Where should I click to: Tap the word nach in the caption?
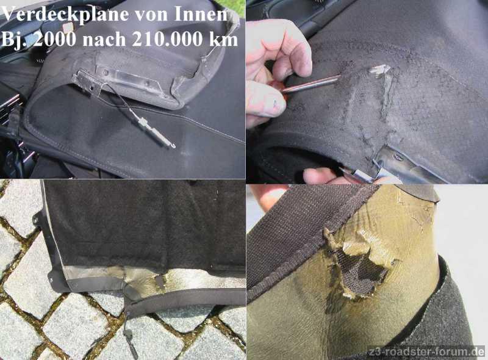[x=104, y=39]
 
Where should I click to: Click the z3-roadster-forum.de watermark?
[x=426, y=352]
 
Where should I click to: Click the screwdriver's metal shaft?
[x=311, y=83]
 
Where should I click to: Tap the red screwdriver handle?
[x=276, y=88]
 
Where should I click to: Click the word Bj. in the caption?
[x=14, y=40]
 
